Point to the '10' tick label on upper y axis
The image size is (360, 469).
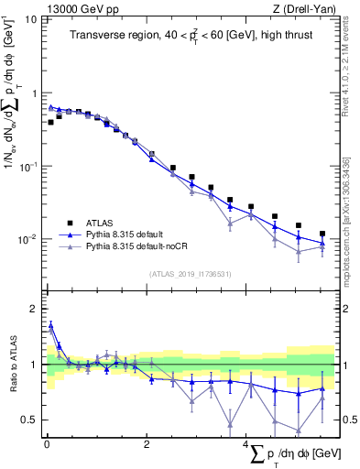click(x=31, y=20)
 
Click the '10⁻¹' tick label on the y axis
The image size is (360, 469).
click(x=27, y=166)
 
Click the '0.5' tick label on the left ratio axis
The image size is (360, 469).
click(x=31, y=420)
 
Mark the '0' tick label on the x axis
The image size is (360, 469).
click(x=47, y=444)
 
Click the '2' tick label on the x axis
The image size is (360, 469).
click(x=147, y=444)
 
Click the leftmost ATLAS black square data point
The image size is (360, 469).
click(x=50, y=122)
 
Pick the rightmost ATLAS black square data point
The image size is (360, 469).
click(x=322, y=234)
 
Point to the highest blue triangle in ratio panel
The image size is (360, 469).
click(x=50, y=324)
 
